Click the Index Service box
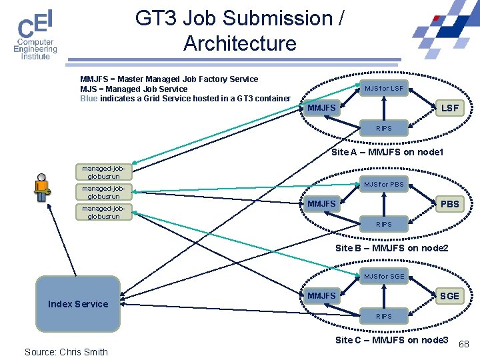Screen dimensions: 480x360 point(78,304)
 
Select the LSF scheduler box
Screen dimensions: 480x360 point(450,108)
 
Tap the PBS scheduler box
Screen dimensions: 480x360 point(450,204)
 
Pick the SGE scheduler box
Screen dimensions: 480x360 point(450,296)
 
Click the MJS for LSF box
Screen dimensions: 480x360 point(384,88)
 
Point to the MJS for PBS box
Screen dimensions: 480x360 point(384,184)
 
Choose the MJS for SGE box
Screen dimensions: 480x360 point(384,276)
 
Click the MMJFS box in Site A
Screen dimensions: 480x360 point(321,108)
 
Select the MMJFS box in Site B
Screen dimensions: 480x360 point(321,204)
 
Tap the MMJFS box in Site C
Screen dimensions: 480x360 point(321,296)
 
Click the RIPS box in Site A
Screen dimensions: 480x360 point(384,128)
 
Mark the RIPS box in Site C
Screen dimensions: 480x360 point(384,316)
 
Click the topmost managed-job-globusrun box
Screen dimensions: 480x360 point(104,172)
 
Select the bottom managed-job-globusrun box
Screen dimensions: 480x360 point(104,212)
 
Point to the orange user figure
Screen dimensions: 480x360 point(42,187)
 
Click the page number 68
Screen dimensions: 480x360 point(464,344)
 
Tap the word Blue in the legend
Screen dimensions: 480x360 point(89,99)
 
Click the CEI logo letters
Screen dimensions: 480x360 point(35,23)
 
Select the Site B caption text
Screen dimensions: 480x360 point(391,248)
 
